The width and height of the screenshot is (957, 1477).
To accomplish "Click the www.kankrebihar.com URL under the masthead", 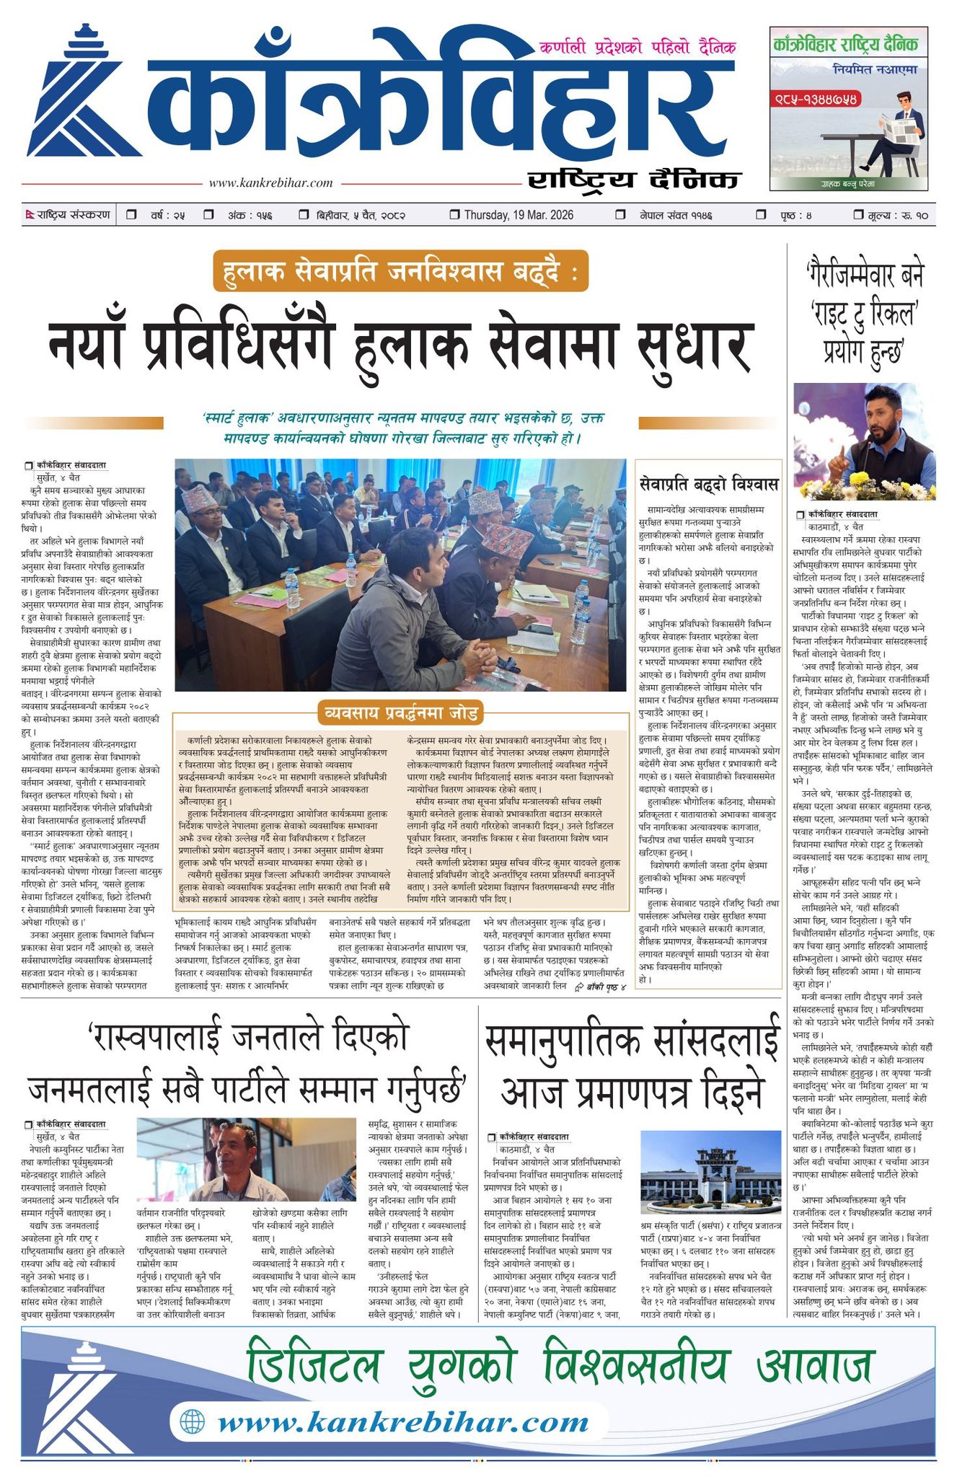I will (270, 183).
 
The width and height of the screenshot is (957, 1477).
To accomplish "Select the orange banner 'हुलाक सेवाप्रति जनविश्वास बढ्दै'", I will (400, 272).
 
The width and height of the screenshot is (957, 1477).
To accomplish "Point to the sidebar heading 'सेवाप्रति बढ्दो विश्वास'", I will (710, 482).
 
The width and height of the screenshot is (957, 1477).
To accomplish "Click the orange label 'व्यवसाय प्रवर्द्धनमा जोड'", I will (401, 713).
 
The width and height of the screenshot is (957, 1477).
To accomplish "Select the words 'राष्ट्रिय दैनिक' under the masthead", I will (633, 180).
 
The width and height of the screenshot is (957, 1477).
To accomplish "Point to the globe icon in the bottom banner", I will (193, 1421).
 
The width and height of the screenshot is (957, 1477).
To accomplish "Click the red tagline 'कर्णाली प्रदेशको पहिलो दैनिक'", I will (638, 48).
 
